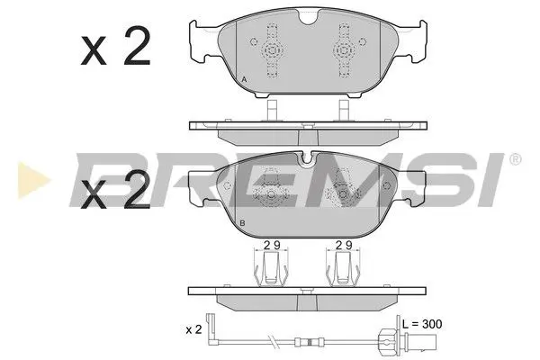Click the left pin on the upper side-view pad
click(x=271, y=110)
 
